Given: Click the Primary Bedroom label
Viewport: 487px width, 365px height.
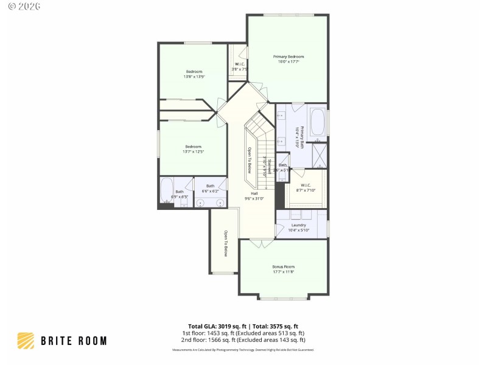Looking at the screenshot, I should tap(288, 57).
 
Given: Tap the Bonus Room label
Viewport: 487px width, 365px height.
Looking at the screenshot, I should tap(283, 267).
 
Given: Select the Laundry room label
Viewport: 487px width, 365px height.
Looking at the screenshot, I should tap(298, 225).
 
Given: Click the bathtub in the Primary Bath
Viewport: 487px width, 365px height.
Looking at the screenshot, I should tap(318, 122).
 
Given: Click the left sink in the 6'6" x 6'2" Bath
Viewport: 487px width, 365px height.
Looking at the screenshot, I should tap(200, 203).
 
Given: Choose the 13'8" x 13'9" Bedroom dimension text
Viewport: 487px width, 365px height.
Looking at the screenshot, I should tap(194, 77).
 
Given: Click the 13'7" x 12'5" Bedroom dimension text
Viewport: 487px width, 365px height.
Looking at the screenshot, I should tap(194, 151).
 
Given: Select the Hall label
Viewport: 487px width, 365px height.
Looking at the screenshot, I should tap(254, 193).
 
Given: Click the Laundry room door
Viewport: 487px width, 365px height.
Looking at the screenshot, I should tap(280, 230).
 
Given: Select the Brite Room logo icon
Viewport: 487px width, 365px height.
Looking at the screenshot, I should tap(26, 340).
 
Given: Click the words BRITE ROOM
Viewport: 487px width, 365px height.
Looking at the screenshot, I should tap(74, 341).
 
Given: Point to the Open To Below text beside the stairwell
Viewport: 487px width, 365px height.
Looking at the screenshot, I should tap(249, 161).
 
